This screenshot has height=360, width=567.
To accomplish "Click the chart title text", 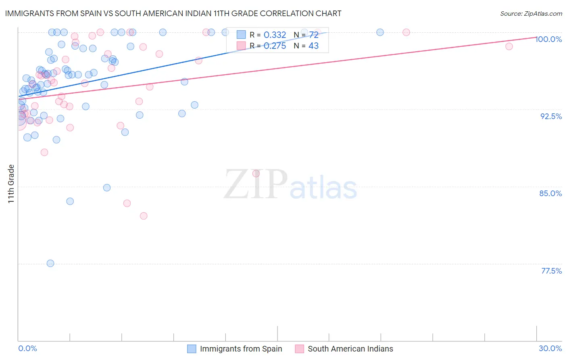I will coord(173,13).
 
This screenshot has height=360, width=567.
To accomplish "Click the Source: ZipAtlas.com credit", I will coord(531,13).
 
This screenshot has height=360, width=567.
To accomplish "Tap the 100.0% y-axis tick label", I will coord(548,39).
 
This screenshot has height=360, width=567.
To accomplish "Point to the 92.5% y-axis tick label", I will coord(551,116).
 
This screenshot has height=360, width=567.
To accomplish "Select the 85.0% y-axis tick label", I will coord(550,193).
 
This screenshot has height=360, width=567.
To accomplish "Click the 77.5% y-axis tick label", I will coord(551,271).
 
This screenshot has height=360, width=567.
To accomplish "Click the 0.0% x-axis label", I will coord(27,348).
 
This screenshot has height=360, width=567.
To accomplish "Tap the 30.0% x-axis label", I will coord(550,348).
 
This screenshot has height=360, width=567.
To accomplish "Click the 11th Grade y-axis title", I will coord(11,184).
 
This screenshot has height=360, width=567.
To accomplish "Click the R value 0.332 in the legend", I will coord(275,35).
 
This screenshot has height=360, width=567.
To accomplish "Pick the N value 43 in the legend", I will coord(313,46).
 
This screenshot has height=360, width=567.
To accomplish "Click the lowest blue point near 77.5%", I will coord(50,263).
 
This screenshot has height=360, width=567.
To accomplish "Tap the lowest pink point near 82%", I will coord(144,216).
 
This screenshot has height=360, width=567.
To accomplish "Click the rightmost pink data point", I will coord(509,46).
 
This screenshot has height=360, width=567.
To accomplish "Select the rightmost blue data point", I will coord(380,32).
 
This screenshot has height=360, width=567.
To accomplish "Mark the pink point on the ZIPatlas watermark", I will coord(256,174).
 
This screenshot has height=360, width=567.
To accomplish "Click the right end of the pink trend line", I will coord(536,37).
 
